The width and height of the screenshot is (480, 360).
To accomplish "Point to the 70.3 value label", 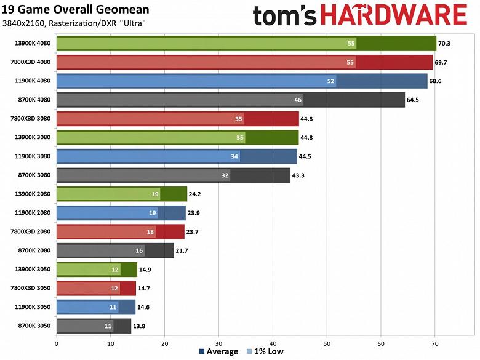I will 444,44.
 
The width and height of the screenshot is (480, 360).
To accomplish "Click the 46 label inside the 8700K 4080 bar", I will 298,100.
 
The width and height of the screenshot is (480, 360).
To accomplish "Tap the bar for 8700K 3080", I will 173,175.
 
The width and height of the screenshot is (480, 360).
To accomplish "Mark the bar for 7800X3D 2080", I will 120,231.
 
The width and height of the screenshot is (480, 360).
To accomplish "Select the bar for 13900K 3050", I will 96,270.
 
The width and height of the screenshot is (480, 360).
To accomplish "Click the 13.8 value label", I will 140,326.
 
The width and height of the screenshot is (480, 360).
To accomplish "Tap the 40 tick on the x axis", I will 273,343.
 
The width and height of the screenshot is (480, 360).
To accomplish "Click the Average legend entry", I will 219,352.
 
